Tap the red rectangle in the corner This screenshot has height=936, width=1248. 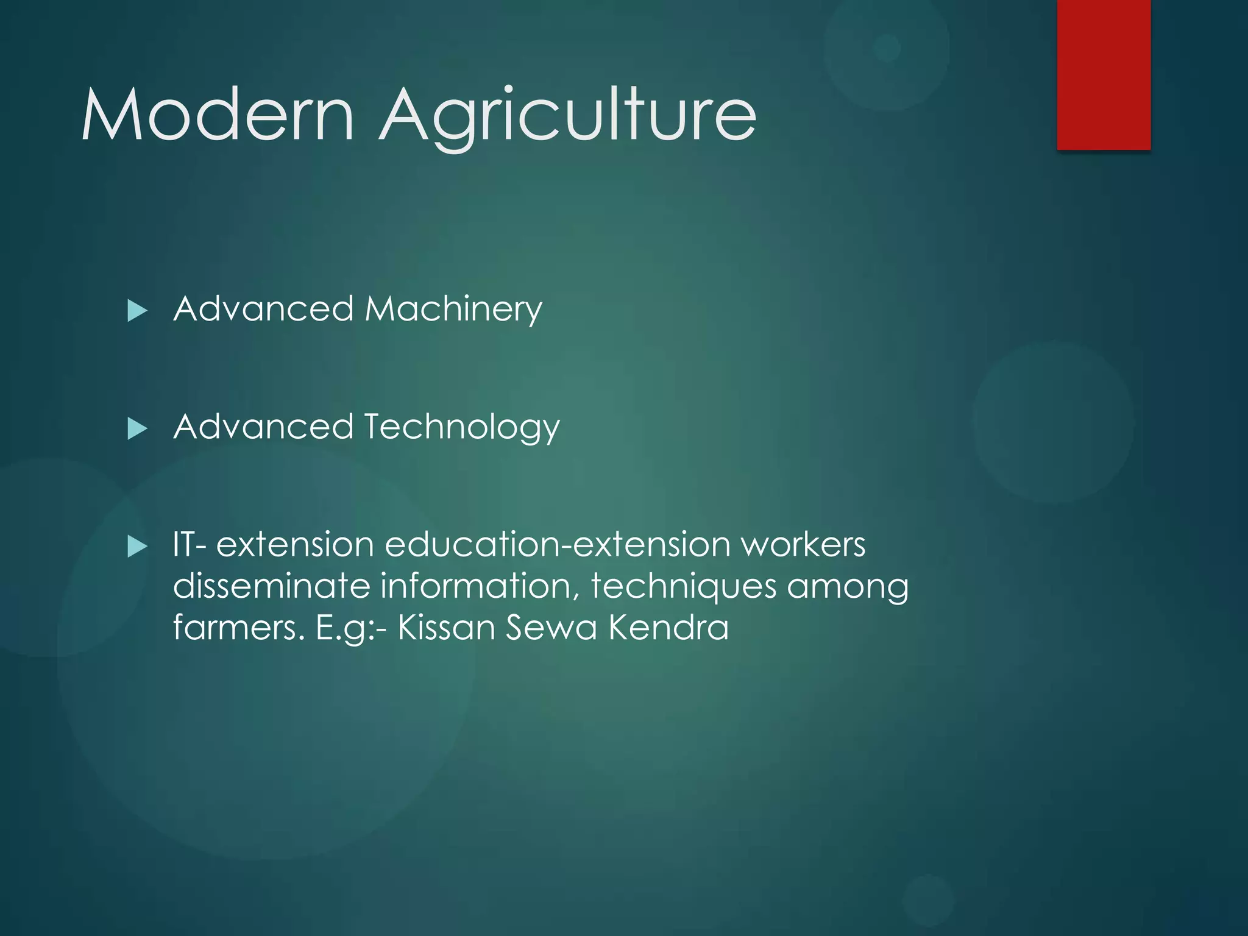(x=1104, y=74)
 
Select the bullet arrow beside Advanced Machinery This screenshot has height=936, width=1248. (x=138, y=311)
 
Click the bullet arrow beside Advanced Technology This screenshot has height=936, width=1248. (x=138, y=429)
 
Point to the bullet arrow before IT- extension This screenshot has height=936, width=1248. (x=138, y=547)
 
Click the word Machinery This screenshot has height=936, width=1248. (x=453, y=309)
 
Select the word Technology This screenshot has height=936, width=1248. (x=461, y=427)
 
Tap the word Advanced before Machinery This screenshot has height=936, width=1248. (x=263, y=308)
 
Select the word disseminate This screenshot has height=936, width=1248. (x=271, y=586)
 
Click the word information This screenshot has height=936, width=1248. (x=480, y=586)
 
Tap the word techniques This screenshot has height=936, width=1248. (x=683, y=587)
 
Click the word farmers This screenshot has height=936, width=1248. (x=238, y=627)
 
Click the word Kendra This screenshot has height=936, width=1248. (x=668, y=627)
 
